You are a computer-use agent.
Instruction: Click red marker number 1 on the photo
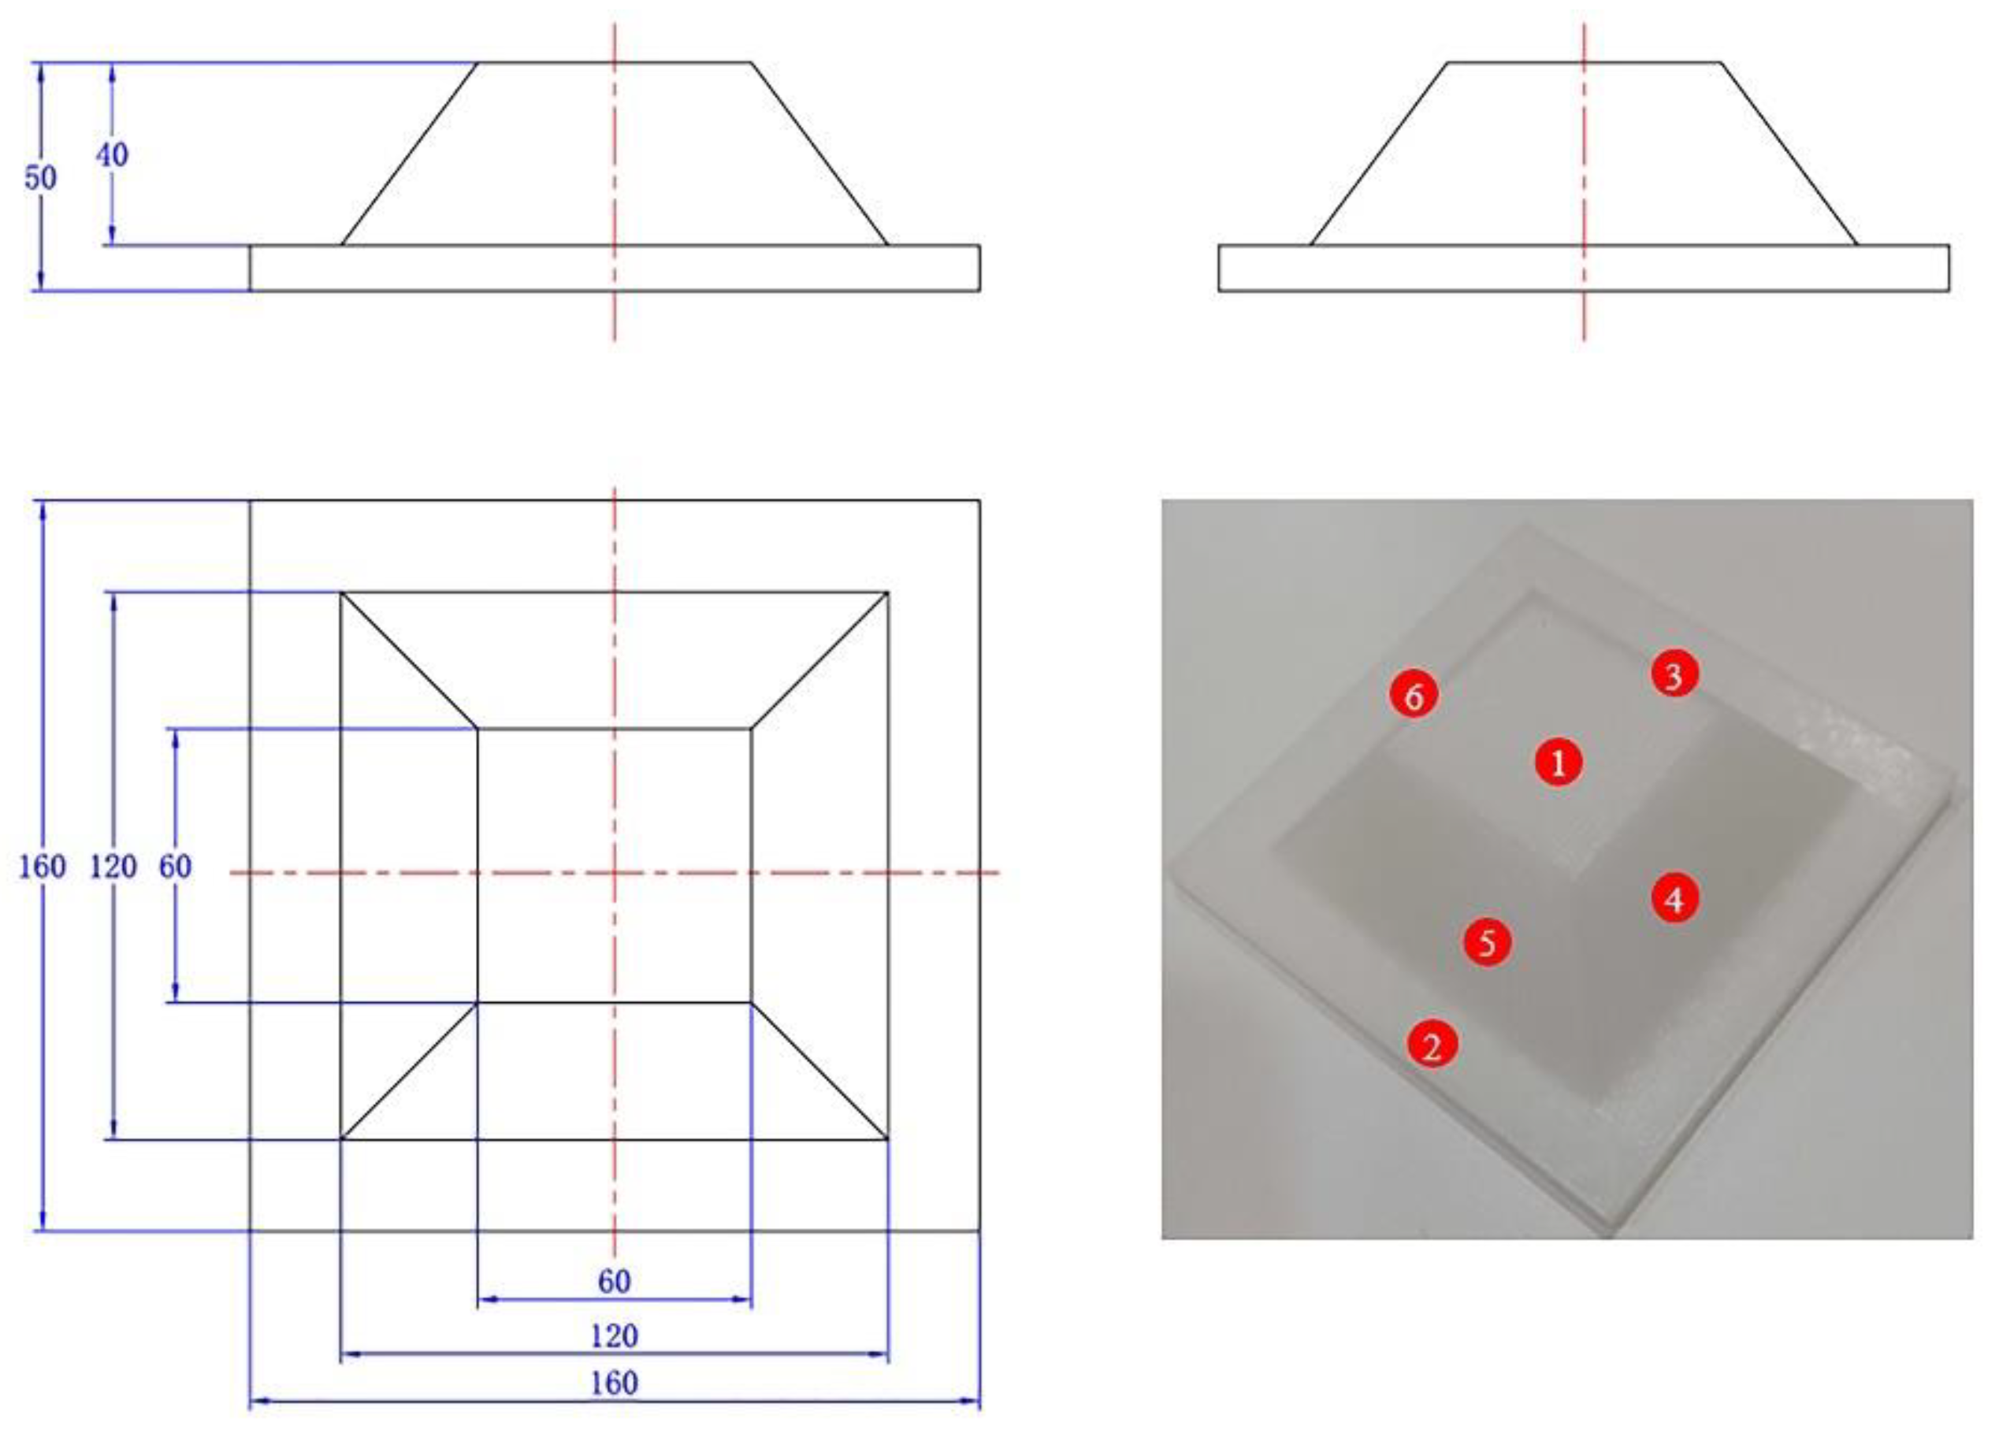[1559, 762]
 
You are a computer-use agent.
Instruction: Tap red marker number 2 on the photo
[1432, 1045]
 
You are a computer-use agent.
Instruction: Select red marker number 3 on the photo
[1674, 675]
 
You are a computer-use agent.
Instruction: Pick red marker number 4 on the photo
[1674, 899]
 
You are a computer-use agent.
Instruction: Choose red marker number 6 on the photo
[1414, 696]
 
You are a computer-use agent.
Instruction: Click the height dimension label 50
[39, 178]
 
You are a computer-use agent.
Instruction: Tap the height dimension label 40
[112, 155]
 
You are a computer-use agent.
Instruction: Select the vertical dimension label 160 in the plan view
[43, 867]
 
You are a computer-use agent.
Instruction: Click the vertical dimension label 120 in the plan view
[113, 867]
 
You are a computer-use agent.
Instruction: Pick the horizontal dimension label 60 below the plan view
[614, 1281]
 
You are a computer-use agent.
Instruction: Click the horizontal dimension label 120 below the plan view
[614, 1337]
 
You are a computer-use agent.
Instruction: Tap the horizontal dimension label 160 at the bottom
[614, 1383]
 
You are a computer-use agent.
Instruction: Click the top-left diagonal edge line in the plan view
[409, 660]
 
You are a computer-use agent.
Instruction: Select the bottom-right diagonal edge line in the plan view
[819, 1071]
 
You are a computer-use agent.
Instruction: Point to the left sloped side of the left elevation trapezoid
[409, 154]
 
